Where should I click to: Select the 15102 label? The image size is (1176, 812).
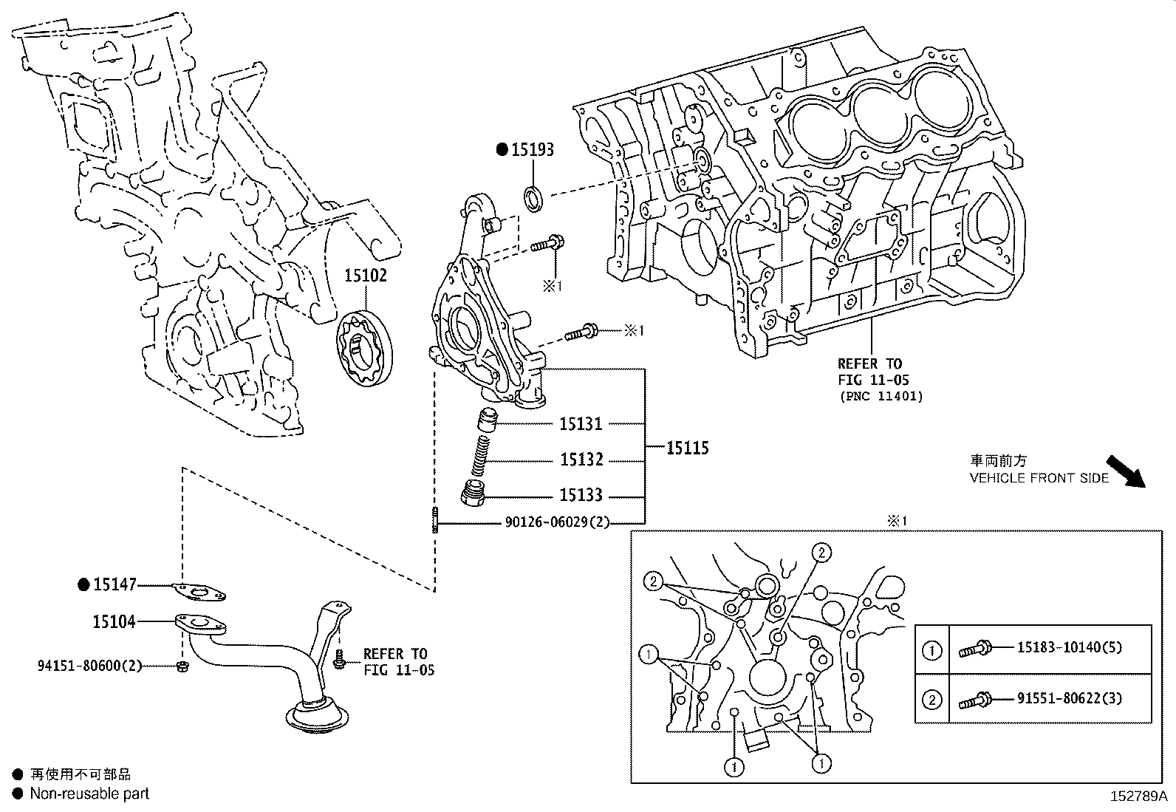point(365,276)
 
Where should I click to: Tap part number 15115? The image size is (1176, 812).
point(687,448)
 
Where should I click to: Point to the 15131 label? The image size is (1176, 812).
point(581,424)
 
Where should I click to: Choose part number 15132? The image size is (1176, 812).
point(581,460)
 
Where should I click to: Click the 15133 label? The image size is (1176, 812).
point(581,495)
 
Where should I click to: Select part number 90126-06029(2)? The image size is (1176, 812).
point(558,522)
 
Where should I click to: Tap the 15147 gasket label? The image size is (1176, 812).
point(114,584)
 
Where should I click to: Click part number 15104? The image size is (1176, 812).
point(114,622)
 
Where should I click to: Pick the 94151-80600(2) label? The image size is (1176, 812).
point(89,666)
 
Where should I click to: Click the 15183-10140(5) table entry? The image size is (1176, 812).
point(1069,647)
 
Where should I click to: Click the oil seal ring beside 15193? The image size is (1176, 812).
point(533,197)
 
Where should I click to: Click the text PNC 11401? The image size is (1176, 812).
point(881,396)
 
